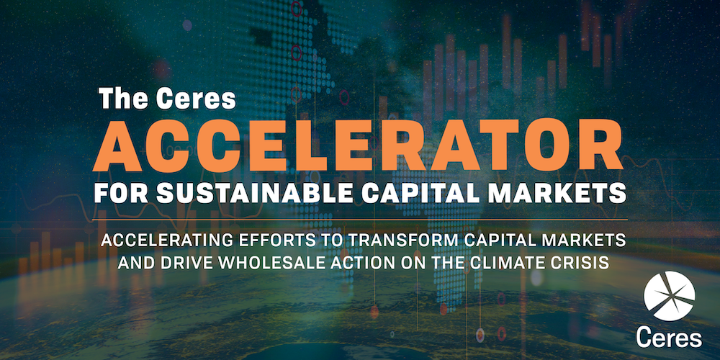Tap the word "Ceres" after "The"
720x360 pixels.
pyautogui.click(x=197, y=99)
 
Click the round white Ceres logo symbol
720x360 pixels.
pyautogui.click(x=669, y=296)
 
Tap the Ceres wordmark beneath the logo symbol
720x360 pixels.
pyautogui.click(x=669, y=338)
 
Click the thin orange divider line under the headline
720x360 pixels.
pyautogui.click(x=359, y=220)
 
